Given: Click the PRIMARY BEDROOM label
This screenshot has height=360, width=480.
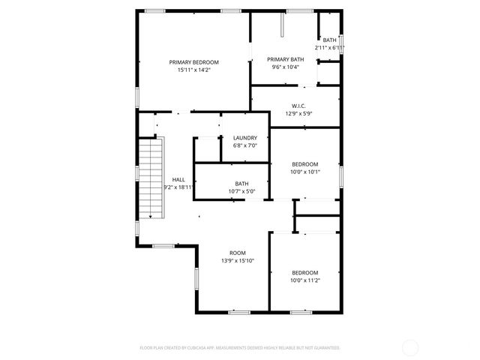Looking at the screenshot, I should (x=193, y=62).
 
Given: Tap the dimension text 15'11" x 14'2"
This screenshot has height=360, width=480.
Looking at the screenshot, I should (x=193, y=70).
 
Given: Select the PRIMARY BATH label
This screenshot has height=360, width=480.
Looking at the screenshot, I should (x=286, y=59).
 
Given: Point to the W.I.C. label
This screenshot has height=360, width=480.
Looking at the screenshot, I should (x=298, y=106).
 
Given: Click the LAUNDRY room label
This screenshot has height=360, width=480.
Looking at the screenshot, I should (x=245, y=138).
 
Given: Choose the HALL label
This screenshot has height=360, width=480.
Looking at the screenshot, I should (x=178, y=179).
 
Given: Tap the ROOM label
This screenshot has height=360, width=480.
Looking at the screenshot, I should (x=238, y=253).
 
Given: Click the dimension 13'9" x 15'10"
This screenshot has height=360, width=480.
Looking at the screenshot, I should (x=238, y=261).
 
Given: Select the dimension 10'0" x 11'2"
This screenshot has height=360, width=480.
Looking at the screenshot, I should (x=305, y=280).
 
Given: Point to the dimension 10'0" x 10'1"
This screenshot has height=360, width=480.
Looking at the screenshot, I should (x=305, y=172).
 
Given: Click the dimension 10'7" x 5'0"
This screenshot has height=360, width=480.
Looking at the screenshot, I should (x=241, y=191).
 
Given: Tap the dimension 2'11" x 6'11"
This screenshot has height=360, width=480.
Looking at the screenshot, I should (x=330, y=48).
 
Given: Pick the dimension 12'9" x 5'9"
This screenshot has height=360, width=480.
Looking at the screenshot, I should (x=298, y=114).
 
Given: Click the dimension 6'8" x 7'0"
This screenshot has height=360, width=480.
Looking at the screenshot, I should (x=245, y=145).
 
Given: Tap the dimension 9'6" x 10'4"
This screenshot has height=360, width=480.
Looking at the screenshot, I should (x=286, y=67).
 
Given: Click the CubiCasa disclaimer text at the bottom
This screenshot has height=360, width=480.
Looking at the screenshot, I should (x=240, y=348).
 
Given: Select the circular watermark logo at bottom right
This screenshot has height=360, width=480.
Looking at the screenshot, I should (x=410, y=347).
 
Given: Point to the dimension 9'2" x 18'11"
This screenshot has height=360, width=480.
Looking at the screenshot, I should (x=178, y=187).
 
